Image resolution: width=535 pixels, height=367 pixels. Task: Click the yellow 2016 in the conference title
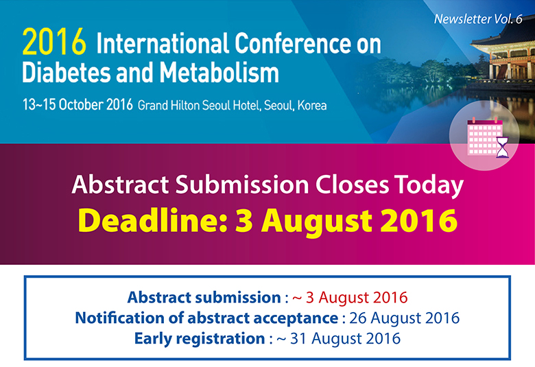click(x=54, y=42)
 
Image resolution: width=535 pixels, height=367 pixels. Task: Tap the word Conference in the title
click(x=292, y=43)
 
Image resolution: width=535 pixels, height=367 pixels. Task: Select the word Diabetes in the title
click(x=67, y=73)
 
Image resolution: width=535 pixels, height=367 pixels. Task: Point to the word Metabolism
click(x=219, y=73)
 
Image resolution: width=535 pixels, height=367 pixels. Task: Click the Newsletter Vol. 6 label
click(x=478, y=19)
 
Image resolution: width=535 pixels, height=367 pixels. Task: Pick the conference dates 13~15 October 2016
click(x=78, y=104)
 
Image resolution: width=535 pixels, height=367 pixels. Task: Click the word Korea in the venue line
click(x=312, y=105)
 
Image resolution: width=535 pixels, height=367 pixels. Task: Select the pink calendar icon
click(x=484, y=137)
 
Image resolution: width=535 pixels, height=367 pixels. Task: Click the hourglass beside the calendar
click(x=502, y=147)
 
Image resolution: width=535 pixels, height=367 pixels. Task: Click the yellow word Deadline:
click(x=152, y=220)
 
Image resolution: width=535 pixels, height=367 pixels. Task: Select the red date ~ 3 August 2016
click(x=350, y=297)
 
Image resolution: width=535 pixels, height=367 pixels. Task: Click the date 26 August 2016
click(x=404, y=318)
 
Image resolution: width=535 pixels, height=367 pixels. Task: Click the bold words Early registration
click(x=200, y=339)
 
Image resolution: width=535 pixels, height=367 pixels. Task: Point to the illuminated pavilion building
click(x=502, y=51)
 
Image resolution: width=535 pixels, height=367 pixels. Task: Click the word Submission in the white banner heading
click(x=242, y=185)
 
